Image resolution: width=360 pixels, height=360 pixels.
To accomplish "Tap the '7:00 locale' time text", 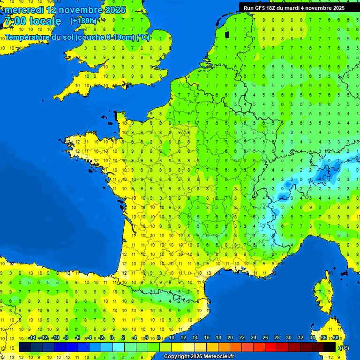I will click(x=32, y=21).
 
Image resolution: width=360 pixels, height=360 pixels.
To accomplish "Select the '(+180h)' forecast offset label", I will click(x=83, y=21).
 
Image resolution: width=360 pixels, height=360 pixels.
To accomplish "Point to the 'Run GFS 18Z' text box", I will click(x=294, y=7).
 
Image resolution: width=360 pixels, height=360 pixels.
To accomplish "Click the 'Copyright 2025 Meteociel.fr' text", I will click(x=199, y=357).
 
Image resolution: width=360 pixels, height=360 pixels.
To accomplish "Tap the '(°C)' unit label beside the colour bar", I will click(x=344, y=347).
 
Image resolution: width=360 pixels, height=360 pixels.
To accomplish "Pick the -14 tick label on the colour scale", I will click(x=32, y=337).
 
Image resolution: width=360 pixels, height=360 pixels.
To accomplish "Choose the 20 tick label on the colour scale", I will click(x=230, y=337).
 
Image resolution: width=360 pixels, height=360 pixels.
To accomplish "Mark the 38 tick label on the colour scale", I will click(x=336, y=337).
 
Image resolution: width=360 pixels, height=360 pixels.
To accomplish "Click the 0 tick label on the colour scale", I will click(x=112, y=337).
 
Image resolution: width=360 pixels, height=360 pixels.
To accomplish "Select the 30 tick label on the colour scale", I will click(x=289, y=337).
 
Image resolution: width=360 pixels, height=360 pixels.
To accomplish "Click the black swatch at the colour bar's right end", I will click(x=330, y=347).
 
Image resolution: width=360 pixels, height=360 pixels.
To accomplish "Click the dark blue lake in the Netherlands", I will click(x=227, y=34).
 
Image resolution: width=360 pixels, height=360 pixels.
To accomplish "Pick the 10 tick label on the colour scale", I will click(x=172, y=337).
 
